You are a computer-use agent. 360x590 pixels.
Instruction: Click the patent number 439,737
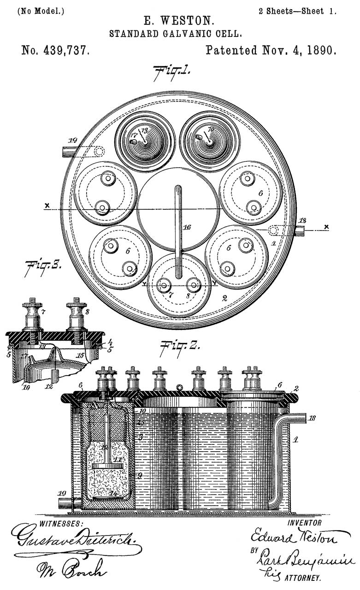[55, 50]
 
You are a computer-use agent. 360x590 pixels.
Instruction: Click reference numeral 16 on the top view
[186, 228]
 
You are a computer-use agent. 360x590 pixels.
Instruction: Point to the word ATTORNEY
[304, 577]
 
